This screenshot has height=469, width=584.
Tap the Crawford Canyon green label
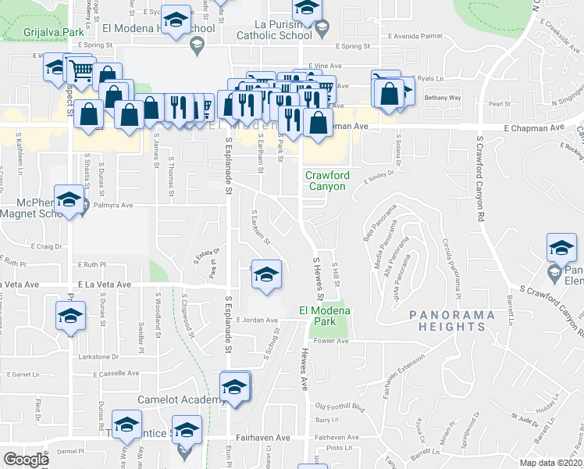(x=326, y=181)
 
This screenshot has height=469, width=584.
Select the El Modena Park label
(x=325, y=316)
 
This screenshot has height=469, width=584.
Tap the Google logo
(x=26, y=459)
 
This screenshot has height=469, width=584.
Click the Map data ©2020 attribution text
(x=550, y=463)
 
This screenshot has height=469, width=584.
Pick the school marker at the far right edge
(x=561, y=249)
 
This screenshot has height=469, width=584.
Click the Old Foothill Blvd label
(x=340, y=406)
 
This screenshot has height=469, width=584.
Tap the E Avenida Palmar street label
(x=416, y=36)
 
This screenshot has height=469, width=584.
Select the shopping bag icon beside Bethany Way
(x=389, y=94)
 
